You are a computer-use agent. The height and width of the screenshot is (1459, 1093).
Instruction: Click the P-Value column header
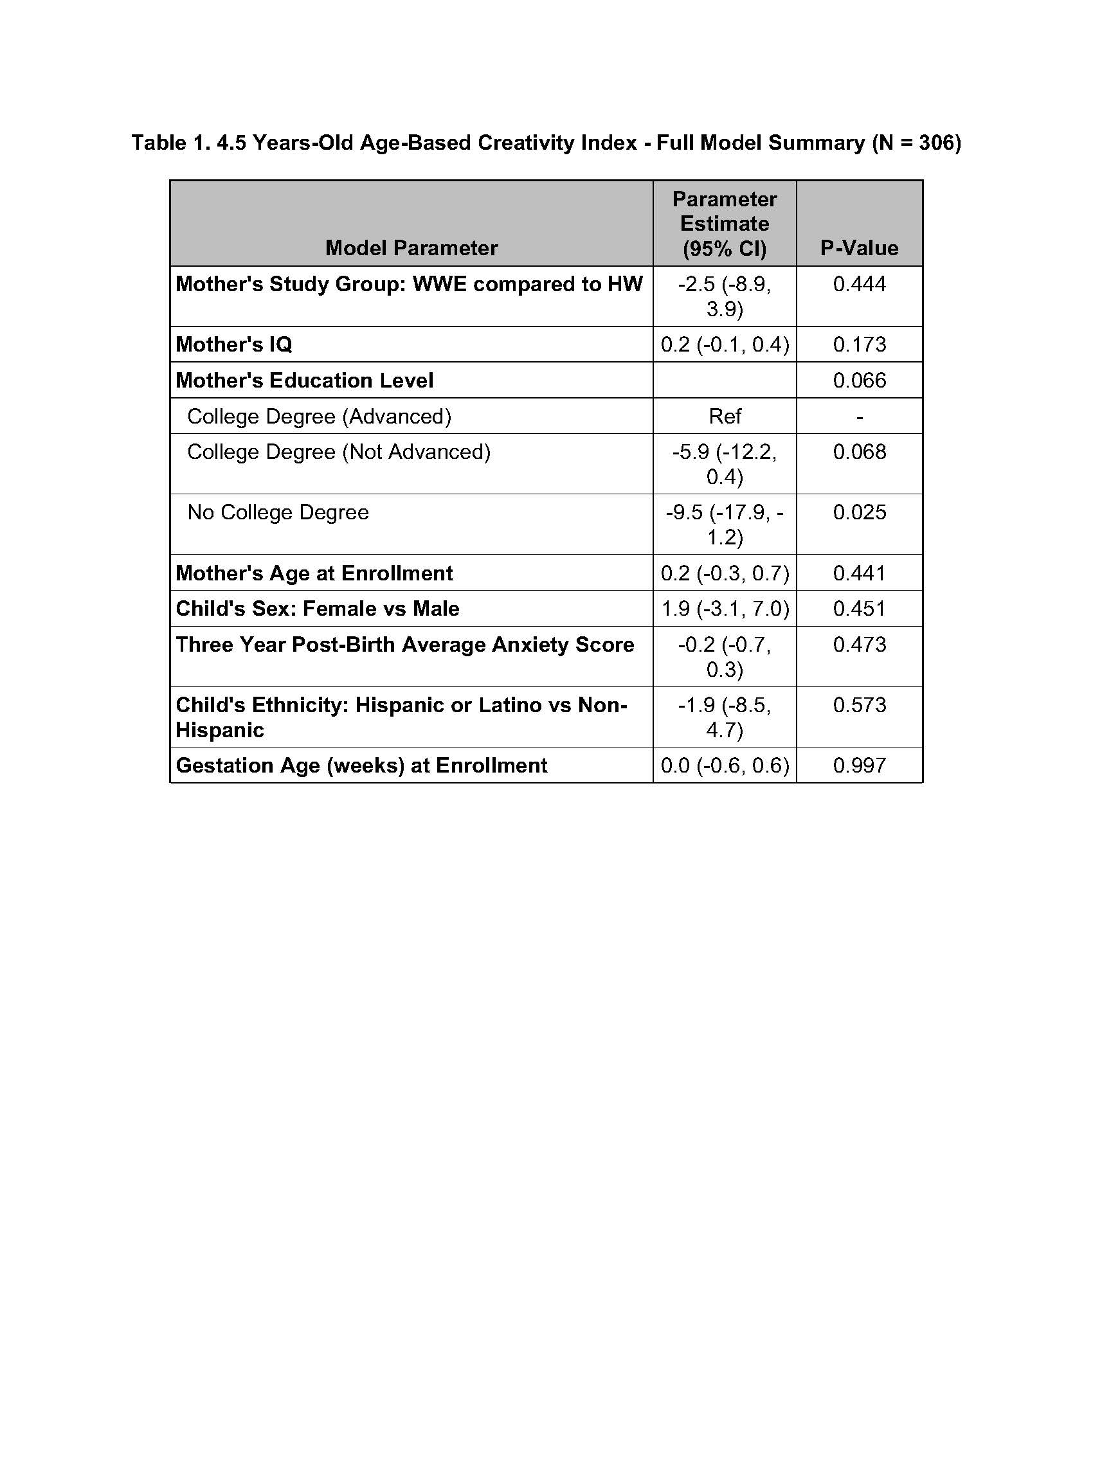(859, 248)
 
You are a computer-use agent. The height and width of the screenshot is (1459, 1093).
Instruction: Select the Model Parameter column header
(411, 248)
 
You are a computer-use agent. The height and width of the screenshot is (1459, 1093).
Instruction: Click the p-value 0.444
(859, 284)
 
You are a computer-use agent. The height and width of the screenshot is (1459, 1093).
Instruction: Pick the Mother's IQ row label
(233, 345)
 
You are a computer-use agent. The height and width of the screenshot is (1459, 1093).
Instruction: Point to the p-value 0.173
(859, 345)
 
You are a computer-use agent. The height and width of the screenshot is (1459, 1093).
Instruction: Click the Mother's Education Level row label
(304, 380)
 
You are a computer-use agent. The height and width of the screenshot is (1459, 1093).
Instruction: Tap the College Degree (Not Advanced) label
(338, 452)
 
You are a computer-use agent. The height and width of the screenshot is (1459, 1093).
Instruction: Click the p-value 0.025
(859, 512)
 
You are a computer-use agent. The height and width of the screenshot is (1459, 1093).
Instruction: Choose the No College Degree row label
(278, 512)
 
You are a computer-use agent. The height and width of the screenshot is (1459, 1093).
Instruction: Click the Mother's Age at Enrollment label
(314, 573)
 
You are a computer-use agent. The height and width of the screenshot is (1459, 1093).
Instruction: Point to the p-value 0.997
(859, 765)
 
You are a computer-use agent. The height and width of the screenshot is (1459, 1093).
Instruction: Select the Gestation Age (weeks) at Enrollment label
(361, 765)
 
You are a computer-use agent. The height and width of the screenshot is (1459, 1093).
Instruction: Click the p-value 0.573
(859, 705)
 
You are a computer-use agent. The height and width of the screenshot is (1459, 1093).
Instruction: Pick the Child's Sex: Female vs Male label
(317, 609)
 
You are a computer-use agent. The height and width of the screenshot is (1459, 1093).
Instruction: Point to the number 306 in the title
(935, 143)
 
